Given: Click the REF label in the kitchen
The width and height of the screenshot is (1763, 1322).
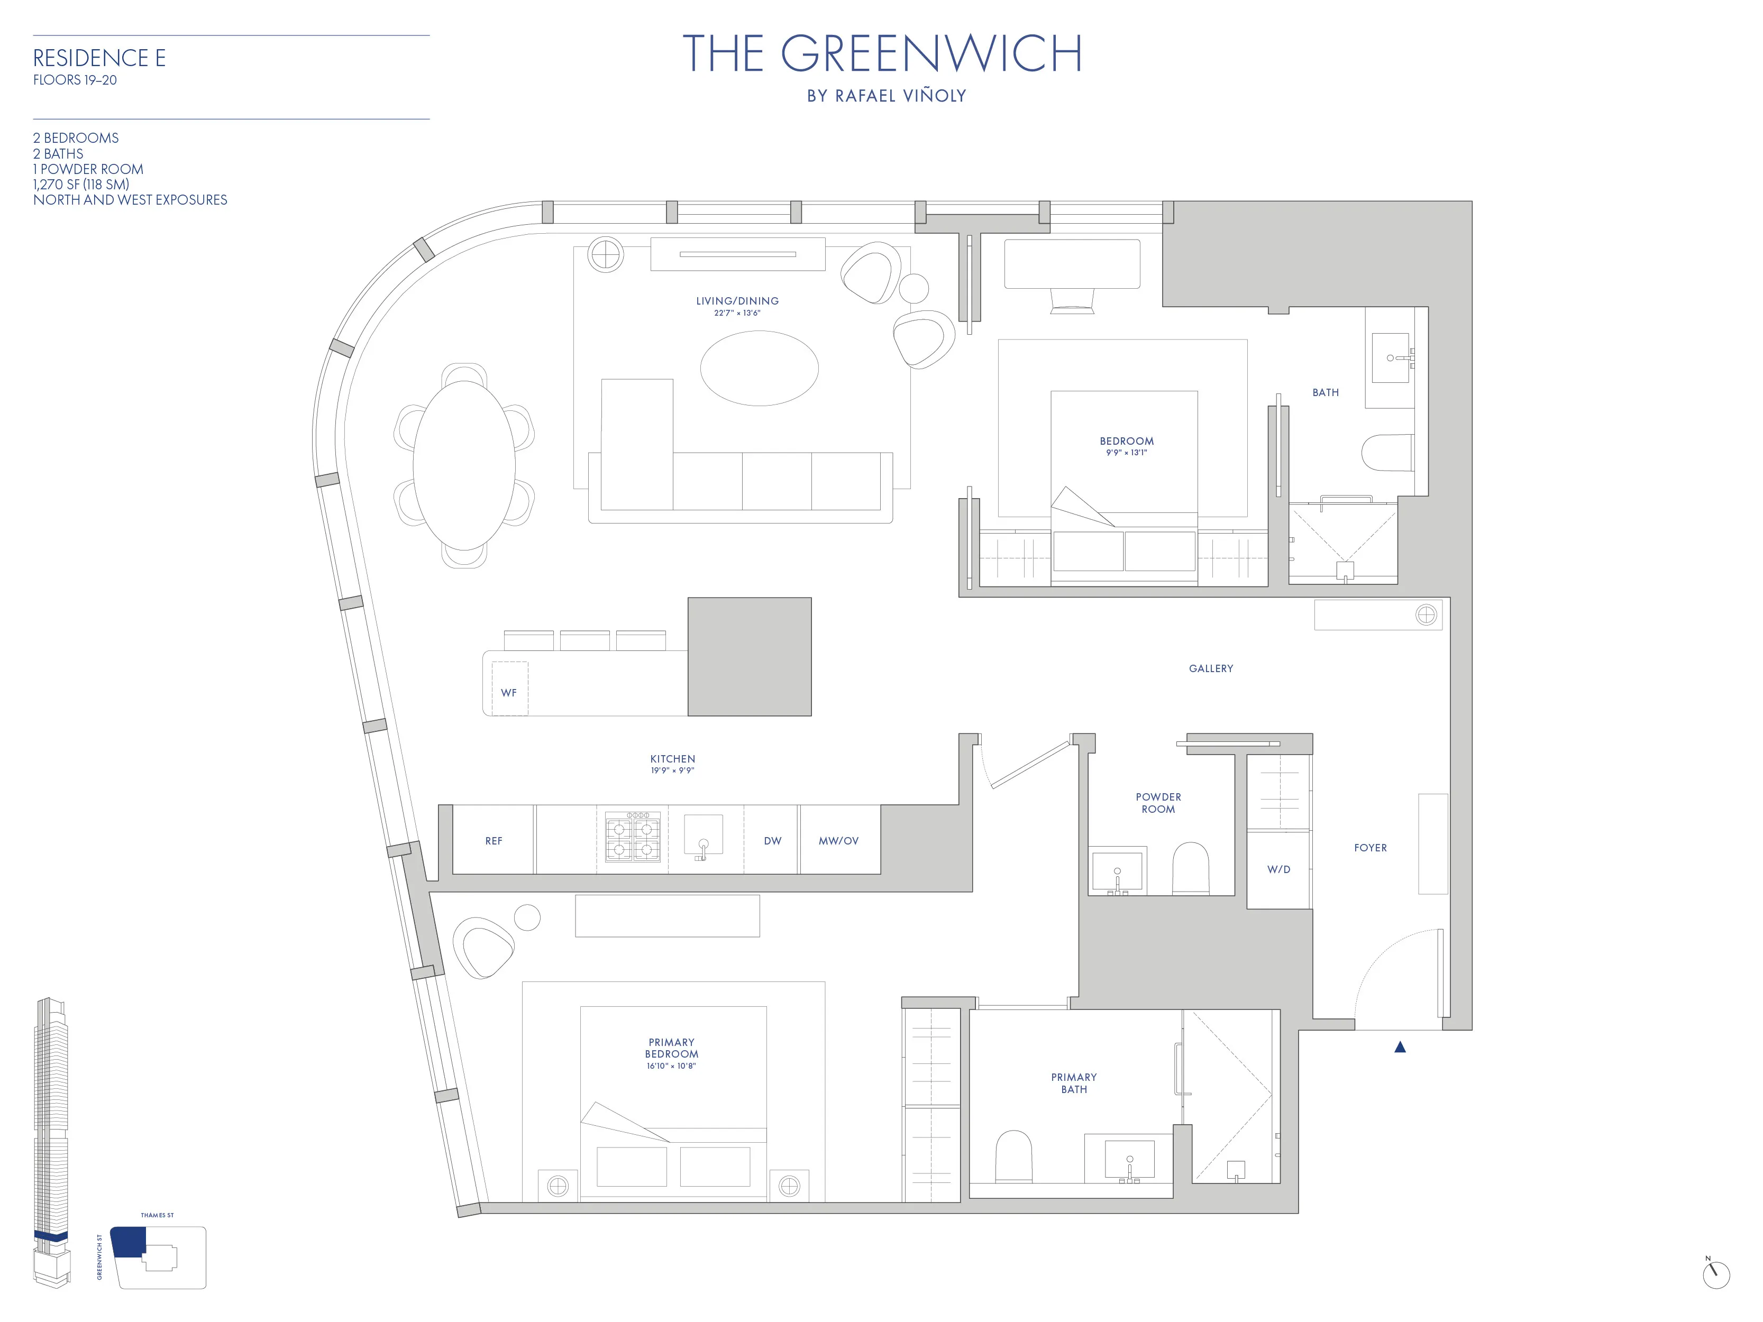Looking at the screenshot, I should pos(494,841).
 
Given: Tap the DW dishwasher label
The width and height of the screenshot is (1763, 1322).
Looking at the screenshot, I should pos(772,841).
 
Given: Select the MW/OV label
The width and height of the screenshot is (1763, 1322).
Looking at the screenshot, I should pos(838,841).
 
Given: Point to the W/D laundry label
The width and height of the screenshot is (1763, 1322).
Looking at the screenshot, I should pos(1278,869).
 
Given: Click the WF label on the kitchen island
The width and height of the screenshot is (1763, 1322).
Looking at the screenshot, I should pos(508,693).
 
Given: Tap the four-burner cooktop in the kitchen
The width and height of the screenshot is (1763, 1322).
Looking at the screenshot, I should pos(633,838).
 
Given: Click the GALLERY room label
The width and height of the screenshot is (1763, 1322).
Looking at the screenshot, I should pos(1211,668).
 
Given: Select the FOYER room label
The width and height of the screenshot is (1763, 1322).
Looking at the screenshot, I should pos(1370,848).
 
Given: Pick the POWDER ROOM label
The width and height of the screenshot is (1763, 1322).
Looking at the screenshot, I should pos(1158,802).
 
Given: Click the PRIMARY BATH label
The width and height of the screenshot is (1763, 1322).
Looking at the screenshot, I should pos(1074,1083).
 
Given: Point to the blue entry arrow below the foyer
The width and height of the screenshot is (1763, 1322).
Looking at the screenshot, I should pos(1400,1047).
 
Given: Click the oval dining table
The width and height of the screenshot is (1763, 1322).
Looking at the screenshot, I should pos(464,465).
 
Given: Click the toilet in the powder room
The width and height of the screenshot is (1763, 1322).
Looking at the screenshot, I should pos(1190,870).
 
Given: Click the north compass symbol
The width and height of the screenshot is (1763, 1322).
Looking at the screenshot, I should pos(1715,1274).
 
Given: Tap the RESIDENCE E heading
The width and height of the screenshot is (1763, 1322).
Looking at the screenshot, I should pos(99,58).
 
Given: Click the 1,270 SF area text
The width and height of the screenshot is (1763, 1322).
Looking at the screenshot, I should pos(80,184).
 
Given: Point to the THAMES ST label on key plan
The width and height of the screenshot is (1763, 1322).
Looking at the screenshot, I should pos(157,1215).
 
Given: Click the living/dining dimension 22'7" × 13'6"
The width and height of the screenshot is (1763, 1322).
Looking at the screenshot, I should pos(737,313).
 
